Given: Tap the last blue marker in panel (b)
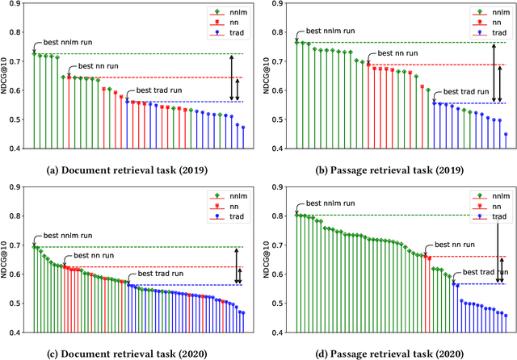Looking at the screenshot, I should (506, 135).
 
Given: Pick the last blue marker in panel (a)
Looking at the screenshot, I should (243, 128).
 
